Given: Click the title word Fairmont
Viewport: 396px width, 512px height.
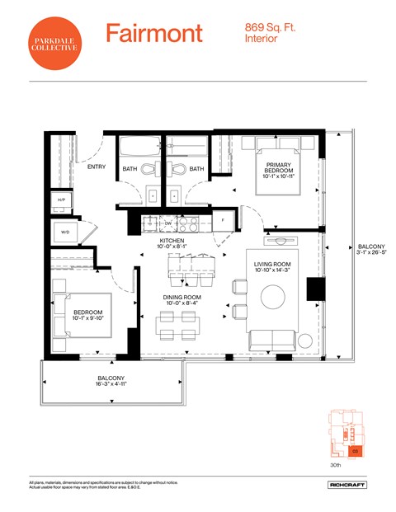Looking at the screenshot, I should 153,34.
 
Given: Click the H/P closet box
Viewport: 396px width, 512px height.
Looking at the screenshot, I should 61,200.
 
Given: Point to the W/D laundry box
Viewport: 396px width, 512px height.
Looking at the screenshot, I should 65,233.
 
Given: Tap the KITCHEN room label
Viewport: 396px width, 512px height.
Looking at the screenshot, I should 177,241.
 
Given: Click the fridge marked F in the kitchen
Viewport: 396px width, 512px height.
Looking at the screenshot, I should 222,222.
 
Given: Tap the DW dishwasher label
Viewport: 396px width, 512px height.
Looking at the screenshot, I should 167,223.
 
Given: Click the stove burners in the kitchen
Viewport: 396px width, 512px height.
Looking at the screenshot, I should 189,223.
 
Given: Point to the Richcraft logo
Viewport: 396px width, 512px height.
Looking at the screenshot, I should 346,486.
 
